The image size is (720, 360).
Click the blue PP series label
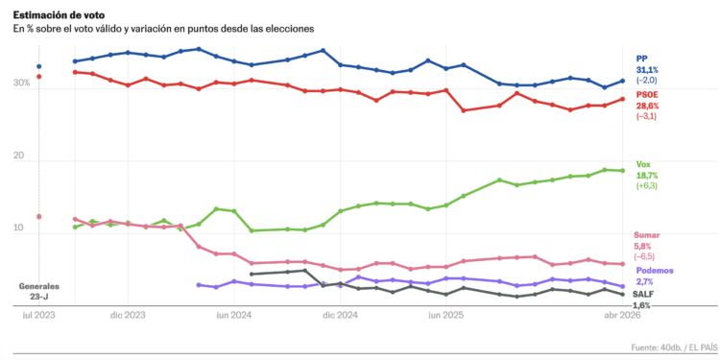point(642,58)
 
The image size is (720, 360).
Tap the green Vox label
point(644,164)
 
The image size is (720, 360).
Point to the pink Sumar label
point(647,235)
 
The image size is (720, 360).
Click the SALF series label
point(643,294)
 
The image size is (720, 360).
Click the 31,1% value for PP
point(649,69)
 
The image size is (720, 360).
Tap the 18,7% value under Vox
point(648,176)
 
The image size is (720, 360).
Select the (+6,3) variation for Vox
point(646,186)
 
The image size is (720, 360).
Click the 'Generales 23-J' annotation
point(39,291)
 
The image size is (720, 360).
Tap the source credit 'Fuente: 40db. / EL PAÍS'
point(660,346)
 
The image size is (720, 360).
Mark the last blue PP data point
point(622,81)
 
